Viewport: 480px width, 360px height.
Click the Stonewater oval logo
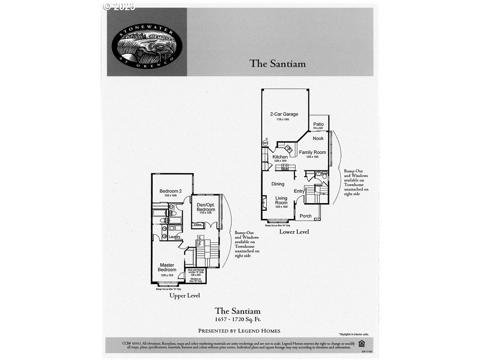coord(147,43)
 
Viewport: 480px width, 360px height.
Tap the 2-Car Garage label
coord(284,114)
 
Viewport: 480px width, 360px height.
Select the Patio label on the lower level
coord(318,124)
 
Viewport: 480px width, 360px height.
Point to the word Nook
coord(318,138)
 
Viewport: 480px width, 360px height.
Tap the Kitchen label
coord(280,157)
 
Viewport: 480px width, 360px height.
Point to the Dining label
coord(278,184)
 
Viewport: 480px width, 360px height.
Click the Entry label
coord(299,191)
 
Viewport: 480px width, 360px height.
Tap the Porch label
coord(305,216)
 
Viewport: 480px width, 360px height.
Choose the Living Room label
coord(281,200)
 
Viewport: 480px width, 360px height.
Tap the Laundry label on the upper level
coord(175,237)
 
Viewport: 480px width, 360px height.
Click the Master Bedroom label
coord(167,267)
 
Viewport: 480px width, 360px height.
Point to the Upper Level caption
coord(185,295)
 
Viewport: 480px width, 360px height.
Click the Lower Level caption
coord(294,232)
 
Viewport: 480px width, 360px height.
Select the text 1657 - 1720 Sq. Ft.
coord(238,320)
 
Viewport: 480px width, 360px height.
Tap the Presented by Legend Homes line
coord(239,331)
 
